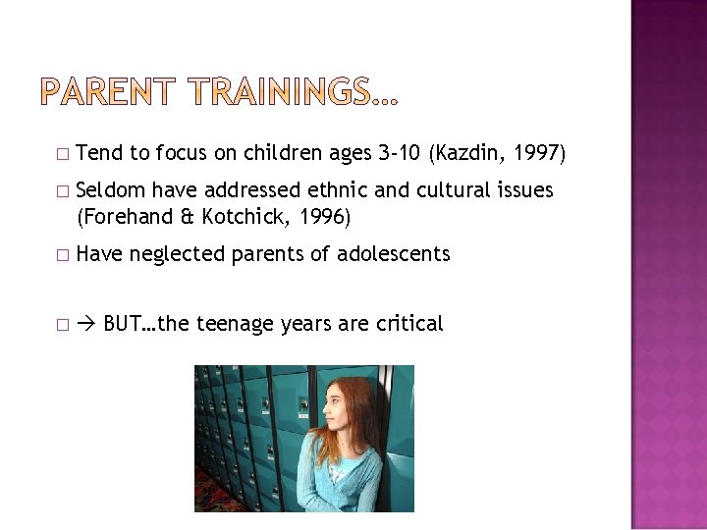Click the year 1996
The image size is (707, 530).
[320, 215]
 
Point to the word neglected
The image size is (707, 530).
[178, 254]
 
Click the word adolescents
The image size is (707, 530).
[393, 254]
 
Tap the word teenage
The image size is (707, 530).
[233, 323]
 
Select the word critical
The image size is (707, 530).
[406, 323]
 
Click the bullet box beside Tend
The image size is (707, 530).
[62, 154]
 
